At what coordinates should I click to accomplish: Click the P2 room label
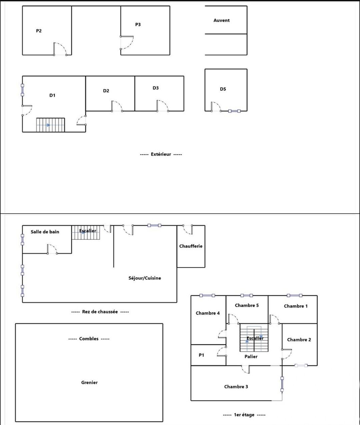[x=39, y=31]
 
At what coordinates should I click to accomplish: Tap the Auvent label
[x=221, y=20]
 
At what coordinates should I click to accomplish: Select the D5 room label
[x=223, y=89]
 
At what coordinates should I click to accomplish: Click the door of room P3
[x=127, y=43]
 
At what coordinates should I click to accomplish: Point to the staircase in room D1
[x=50, y=125]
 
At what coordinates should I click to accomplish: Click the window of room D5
[x=234, y=111]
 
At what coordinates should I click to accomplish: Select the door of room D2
[x=117, y=106]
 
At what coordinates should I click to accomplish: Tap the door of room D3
[x=163, y=106]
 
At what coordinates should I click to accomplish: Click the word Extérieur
[x=161, y=154]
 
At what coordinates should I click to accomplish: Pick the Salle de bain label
[x=45, y=232]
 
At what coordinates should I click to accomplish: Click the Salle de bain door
[x=52, y=249]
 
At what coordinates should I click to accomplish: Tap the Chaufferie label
[x=191, y=246]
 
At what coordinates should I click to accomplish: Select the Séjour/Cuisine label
[x=145, y=278]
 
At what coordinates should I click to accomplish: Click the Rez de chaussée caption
[x=100, y=312]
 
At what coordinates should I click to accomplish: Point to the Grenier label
[x=89, y=382]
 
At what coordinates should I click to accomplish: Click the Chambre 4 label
[x=208, y=313]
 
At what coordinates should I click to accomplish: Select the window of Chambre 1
[x=295, y=295]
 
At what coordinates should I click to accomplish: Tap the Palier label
[x=251, y=356]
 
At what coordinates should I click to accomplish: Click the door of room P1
[x=222, y=351]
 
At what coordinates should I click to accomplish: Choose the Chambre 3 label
[x=236, y=387]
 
